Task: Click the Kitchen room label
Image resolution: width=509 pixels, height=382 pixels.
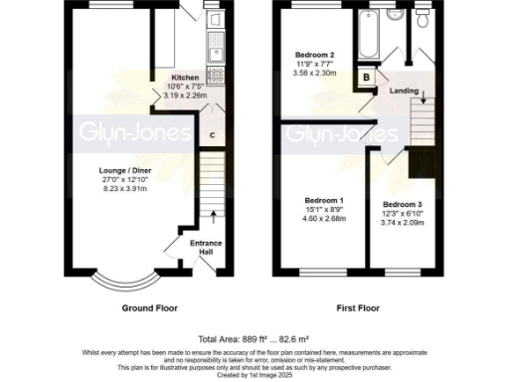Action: pyautogui.click(x=185, y=78)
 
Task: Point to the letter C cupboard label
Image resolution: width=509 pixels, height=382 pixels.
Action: pyautogui.click(x=212, y=135)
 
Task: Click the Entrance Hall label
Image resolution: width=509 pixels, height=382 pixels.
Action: pyautogui.click(x=208, y=247)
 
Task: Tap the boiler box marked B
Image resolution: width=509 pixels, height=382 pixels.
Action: pyautogui.click(x=367, y=78)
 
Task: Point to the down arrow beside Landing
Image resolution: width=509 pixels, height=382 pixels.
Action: pyautogui.click(x=424, y=96)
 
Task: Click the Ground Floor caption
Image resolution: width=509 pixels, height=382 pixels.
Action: pyautogui.click(x=149, y=307)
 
